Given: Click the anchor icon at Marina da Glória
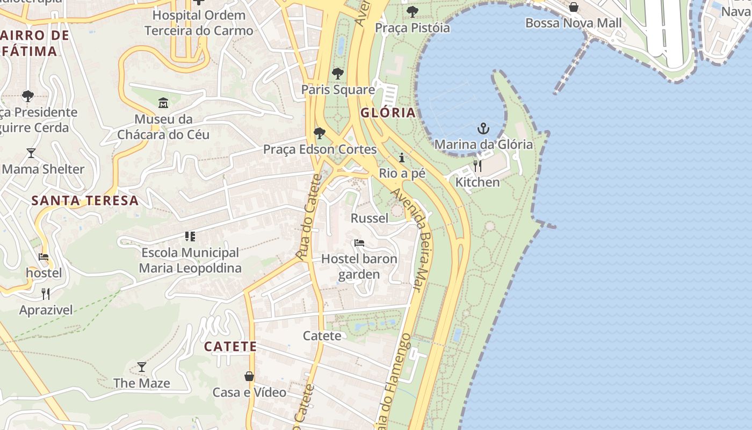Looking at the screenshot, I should click(x=483, y=128).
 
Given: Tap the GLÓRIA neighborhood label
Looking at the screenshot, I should click(x=388, y=113).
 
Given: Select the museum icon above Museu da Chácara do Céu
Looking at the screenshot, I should click(x=163, y=103).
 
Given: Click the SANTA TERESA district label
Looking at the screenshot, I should click(x=85, y=201).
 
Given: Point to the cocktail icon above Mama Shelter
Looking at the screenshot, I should click(x=31, y=153).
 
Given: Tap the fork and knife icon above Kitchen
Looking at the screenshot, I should click(x=477, y=166).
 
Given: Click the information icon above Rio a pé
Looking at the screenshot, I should click(x=402, y=157).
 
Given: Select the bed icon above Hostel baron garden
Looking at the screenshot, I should click(x=359, y=243).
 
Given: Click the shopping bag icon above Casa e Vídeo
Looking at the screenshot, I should click(x=249, y=376).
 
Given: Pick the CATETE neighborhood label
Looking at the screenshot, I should click(x=230, y=347).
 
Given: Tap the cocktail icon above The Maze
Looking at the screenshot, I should click(x=142, y=367).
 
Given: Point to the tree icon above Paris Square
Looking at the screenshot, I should click(x=338, y=74).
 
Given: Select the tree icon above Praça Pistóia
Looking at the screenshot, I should click(x=413, y=12).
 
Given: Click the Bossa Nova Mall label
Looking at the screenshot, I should click(x=573, y=23).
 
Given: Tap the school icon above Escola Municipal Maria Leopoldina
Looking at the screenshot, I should click(x=190, y=236).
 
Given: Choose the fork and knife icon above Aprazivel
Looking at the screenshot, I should click(x=46, y=294).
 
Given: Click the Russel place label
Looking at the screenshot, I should click(x=370, y=218).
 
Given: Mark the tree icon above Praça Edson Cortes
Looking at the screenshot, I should click(x=320, y=133).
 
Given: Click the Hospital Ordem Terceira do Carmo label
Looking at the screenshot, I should click(x=199, y=23).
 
